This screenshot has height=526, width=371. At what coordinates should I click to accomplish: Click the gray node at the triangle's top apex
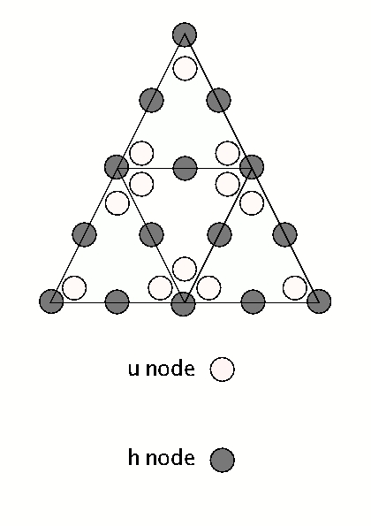[184, 34]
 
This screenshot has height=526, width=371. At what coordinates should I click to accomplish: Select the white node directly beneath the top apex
[185, 67]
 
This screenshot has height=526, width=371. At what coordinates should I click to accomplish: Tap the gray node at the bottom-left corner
[52, 301]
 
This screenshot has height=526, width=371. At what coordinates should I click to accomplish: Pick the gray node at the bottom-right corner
[319, 301]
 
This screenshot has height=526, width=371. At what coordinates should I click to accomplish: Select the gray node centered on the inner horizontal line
[185, 167]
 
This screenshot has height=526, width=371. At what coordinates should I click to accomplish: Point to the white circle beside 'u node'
[223, 369]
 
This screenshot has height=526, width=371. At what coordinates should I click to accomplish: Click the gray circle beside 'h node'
[223, 459]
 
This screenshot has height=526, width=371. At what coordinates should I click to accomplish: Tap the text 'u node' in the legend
[161, 369]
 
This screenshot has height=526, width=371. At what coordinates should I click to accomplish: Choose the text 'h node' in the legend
[161, 458]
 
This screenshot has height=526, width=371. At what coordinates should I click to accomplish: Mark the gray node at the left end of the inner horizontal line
[117, 166]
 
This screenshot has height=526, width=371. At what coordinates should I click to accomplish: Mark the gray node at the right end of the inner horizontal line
[253, 166]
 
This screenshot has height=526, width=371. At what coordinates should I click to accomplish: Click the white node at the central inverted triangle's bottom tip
[185, 268]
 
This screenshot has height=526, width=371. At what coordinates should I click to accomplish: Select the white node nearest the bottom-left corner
[74, 288]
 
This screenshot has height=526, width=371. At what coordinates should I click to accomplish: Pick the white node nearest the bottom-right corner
[294, 288]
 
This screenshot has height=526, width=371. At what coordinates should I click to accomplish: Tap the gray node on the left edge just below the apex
[151, 98]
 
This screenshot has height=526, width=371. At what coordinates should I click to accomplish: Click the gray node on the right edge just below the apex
[218, 98]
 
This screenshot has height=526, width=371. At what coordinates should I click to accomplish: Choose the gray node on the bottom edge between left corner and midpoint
[117, 301]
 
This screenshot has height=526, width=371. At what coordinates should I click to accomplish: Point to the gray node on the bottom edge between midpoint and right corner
[253, 301]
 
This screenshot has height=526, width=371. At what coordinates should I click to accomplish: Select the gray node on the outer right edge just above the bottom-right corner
[284, 234]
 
